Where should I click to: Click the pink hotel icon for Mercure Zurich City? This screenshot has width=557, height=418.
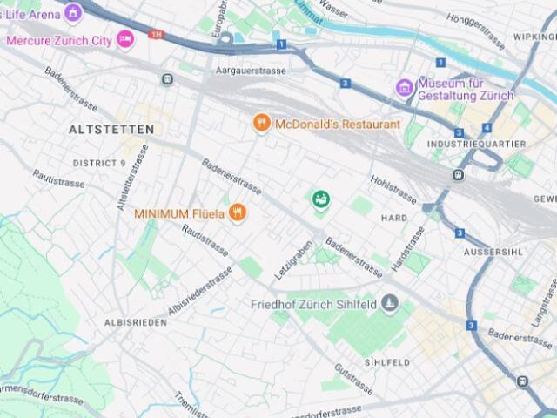(125, 39)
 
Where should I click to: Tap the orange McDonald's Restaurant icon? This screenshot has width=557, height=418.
(262, 124)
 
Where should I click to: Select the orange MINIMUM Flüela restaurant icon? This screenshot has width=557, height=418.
(237, 212)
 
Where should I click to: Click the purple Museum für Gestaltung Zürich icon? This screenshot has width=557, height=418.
(404, 87)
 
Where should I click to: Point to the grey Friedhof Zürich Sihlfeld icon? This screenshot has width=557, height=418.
(390, 304)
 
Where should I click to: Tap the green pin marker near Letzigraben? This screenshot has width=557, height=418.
(321, 200)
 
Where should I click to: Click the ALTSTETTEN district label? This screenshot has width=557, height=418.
(111, 129)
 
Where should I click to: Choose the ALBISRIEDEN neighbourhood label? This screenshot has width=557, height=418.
(135, 321)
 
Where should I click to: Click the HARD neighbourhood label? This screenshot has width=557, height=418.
(394, 218)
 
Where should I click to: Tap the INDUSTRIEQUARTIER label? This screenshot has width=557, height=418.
(477, 144)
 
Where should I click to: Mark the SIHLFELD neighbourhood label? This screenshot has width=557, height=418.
(387, 361)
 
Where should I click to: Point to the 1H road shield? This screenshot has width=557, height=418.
(156, 35)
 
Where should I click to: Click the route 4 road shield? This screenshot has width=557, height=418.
(487, 128)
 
